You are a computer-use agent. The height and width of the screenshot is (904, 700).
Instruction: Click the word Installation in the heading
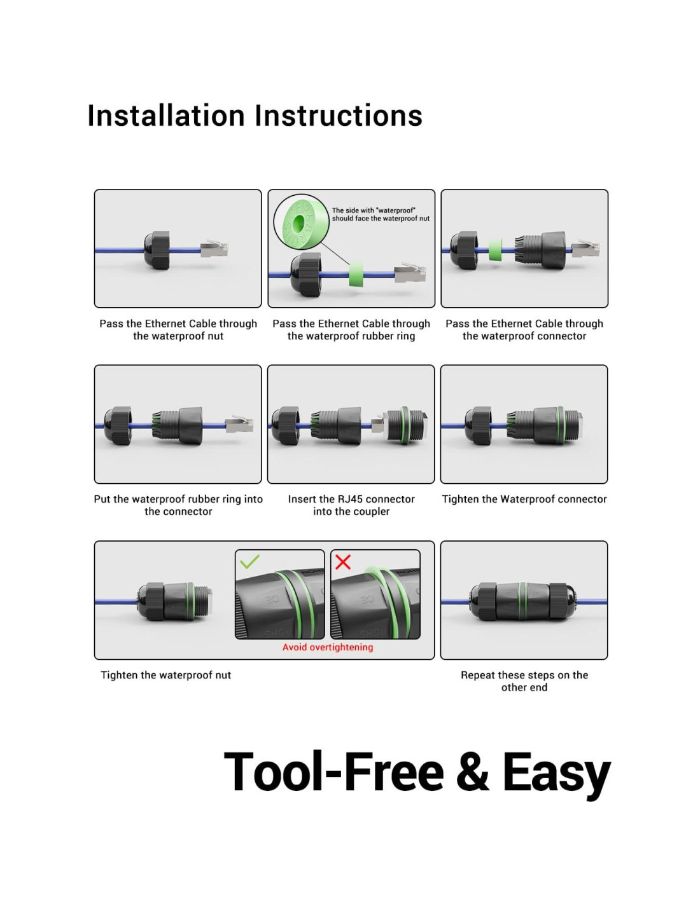click(x=166, y=116)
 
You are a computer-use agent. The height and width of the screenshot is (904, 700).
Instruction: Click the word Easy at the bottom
click(x=556, y=773)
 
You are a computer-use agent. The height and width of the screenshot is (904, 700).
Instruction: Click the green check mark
click(x=249, y=561)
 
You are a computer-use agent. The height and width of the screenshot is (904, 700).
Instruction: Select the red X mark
click(x=343, y=561)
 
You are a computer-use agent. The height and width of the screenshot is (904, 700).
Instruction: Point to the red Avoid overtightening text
click(x=328, y=647)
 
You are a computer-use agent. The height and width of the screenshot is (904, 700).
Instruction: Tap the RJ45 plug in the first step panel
click(x=214, y=249)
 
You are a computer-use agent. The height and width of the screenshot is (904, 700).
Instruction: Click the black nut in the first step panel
click(x=157, y=250)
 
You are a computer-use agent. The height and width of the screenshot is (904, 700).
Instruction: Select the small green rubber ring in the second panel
click(x=356, y=275)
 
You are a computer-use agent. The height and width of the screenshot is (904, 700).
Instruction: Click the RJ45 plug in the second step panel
click(x=410, y=273)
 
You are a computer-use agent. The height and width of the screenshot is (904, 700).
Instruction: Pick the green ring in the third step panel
click(x=495, y=250)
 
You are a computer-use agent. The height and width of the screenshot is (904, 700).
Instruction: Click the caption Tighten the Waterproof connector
click(x=524, y=499)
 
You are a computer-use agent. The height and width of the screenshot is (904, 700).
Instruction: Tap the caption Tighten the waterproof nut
click(x=166, y=675)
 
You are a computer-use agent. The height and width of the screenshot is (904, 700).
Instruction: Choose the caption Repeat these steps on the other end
click(x=524, y=681)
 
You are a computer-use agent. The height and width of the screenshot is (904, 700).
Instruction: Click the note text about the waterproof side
click(x=381, y=214)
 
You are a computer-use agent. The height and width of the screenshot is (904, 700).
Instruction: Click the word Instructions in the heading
click(x=339, y=116)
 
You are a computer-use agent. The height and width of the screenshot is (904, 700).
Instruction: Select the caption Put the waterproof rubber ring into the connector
click(x=178, y=505)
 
